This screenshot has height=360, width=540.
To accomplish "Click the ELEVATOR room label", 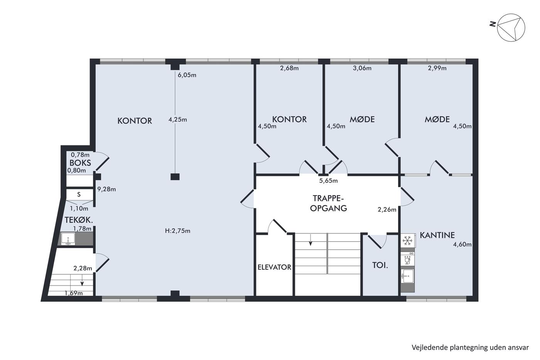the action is pos(274,267).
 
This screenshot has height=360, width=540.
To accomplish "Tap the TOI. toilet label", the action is pos(380,265).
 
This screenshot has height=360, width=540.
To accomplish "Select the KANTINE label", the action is pos(437,235).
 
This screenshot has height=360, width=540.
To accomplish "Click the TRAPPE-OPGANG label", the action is pos(328,203).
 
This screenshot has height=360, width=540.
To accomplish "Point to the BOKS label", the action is pos(80,163).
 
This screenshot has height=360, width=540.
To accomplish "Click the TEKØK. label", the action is pos(79,220).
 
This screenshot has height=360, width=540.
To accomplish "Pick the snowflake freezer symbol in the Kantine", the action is pos(407,241).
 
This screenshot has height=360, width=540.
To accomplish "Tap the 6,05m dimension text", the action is pos(187,75).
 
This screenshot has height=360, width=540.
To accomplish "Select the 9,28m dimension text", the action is pos(106,189).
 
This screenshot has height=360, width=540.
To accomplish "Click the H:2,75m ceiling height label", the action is pos(178,231).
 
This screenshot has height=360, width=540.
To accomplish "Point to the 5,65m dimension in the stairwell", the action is pos(328,181).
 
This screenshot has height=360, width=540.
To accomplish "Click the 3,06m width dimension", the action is pos(362,68).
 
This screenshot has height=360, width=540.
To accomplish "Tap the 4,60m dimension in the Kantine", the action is pos(462,245).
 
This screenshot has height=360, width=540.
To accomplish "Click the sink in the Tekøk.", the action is pos(68,239).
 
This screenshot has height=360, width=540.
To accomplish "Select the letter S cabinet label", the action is pos(79,194).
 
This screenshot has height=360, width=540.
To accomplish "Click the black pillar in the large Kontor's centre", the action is pos(175,177).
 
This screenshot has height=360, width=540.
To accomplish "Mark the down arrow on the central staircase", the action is pos(310,240).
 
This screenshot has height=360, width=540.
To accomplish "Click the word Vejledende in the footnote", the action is pos(424,348).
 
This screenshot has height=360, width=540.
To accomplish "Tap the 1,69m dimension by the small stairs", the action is pos(74,293).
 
